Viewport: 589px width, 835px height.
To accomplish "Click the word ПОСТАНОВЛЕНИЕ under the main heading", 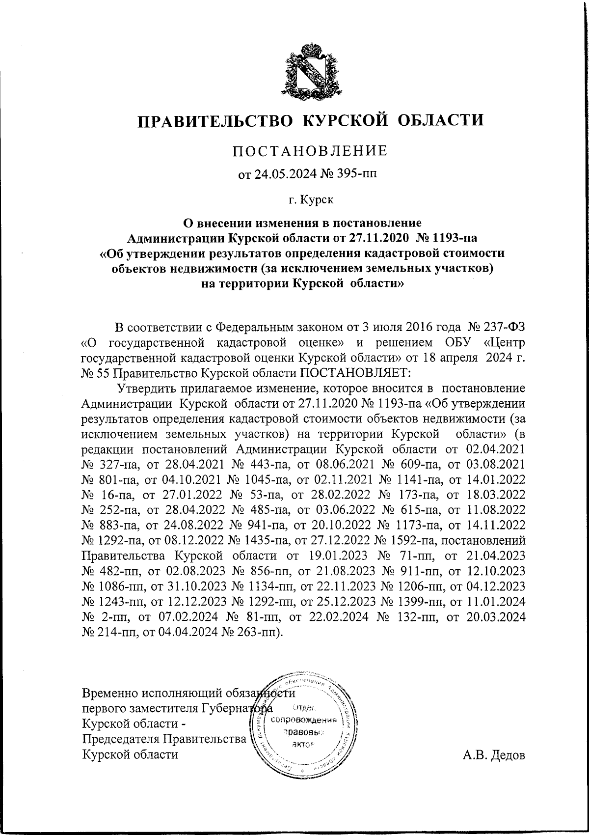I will coord(309,150).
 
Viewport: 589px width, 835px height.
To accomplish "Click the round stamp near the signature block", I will coord(302,720).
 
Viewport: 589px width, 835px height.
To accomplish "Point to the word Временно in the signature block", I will coord(111,693).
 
